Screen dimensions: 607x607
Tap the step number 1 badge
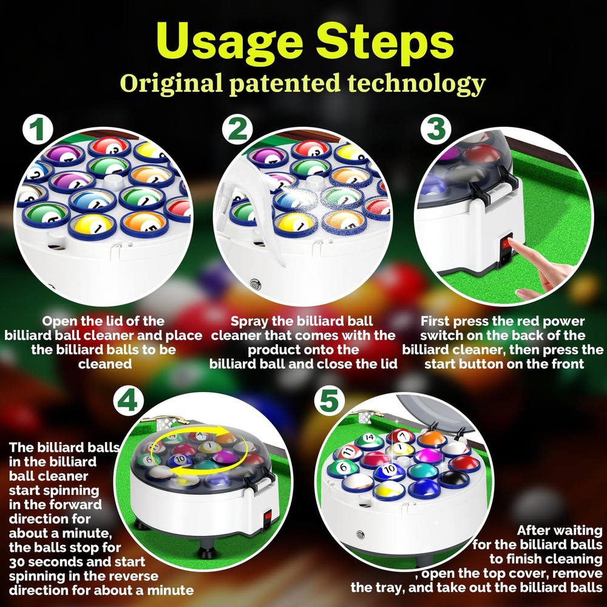pos(38,129)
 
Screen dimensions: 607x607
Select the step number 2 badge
pos(238,129)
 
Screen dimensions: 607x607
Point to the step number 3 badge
pos(436,129)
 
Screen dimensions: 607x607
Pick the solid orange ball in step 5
pos(432,439)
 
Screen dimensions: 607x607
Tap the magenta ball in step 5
pos(427,456)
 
